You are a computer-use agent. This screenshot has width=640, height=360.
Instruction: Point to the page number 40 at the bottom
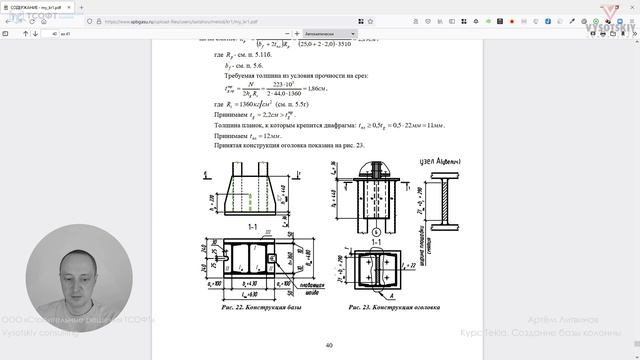tap(328, 345)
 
